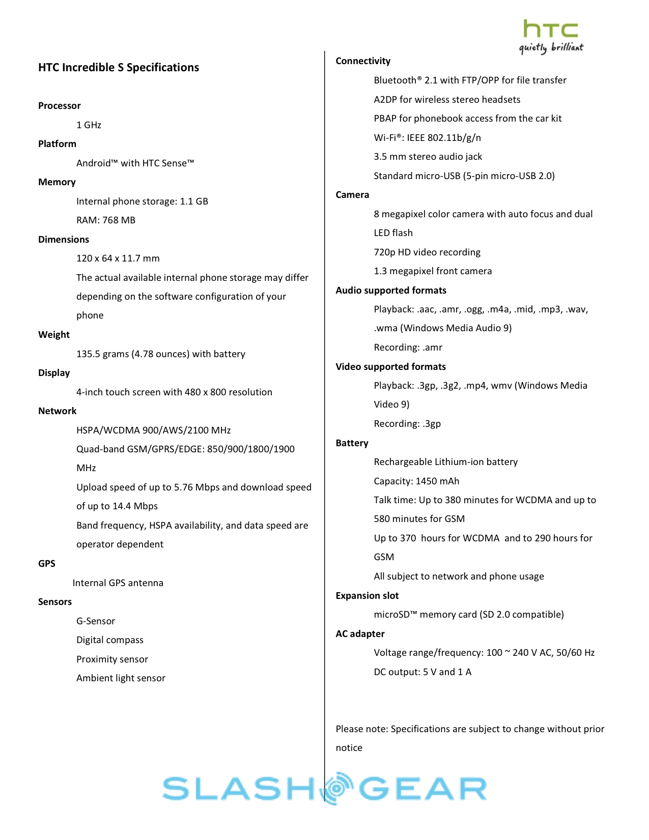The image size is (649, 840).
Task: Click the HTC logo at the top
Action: pos(550,29)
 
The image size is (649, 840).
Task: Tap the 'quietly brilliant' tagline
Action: pos(551,48)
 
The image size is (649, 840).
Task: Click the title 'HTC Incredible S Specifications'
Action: pos(119,68)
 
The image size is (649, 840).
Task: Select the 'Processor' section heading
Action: pos(60,106)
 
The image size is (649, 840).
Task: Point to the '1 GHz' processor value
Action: pos(89,125)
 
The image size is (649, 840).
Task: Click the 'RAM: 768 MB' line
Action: pos(106,220)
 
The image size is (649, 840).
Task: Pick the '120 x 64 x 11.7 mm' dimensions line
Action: pos(118,258)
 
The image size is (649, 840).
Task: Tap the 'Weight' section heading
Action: pos(54,335)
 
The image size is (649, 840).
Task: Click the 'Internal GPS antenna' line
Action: pos(118,583)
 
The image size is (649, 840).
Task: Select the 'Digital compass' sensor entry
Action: pos(110,640)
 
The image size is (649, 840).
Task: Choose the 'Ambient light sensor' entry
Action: pos(121,678)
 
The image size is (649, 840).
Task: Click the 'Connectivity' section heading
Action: pos(363,61)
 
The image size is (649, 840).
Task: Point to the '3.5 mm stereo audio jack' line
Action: pos(428,157)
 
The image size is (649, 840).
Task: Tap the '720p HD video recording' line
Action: pos(427,252)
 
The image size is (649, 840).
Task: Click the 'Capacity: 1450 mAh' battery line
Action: pos(416,481)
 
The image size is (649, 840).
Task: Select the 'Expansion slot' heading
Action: pos(367,596)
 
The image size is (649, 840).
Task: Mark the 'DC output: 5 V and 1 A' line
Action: pos(422,672)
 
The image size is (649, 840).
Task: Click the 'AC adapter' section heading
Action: pos(360,634)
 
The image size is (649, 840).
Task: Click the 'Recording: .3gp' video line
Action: pos(407,424)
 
